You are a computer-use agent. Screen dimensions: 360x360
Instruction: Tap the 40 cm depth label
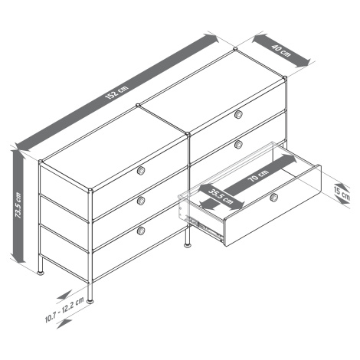(281, 51)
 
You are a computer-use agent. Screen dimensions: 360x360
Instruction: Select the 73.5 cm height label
(18, 205)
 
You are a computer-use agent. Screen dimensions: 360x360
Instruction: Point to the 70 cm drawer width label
(258, 175)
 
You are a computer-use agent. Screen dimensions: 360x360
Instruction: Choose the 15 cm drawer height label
(342, 193)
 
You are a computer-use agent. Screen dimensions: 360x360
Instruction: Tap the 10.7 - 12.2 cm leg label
(64, 310)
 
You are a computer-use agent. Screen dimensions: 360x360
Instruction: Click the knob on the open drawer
(273, 198)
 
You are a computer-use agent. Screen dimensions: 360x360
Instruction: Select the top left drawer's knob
(141, 171)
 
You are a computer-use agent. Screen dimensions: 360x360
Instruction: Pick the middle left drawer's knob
(141, 201)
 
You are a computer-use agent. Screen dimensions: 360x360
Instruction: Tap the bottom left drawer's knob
(141, 231)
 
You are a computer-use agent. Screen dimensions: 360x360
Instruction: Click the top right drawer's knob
(238, 114)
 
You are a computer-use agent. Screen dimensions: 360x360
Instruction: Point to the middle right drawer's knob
(238, 145)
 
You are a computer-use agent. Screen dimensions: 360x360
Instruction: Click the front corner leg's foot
(90, 301)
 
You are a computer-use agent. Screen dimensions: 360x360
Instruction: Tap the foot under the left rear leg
(41, 273)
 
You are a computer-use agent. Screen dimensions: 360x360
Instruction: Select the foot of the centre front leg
(188, 245)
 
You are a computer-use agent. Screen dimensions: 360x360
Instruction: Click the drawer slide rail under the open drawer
(205, 227)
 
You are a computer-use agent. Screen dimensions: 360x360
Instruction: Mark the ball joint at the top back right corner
(284, 77)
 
